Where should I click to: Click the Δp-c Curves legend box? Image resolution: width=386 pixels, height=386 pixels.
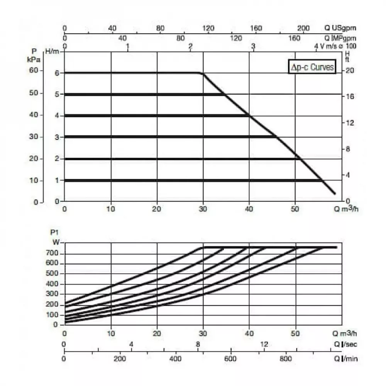pyautogui.click(x=312, y=68)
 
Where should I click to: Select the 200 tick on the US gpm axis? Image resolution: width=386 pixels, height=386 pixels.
pyautogui.click(x=304, y=28)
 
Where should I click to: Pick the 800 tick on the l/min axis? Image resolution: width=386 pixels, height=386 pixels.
pyautogui.click(x=286, y=359)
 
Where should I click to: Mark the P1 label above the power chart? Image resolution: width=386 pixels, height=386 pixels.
pyautogui.click(x=54, y=232)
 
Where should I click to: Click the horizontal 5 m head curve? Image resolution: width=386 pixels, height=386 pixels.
pyautogui.click(x=143, y=94)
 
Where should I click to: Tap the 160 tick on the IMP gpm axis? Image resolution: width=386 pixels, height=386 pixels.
pyautogui.click(x=294, y=38)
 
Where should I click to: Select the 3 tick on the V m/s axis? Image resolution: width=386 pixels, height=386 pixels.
pyautogui.click(x=253, y=46)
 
